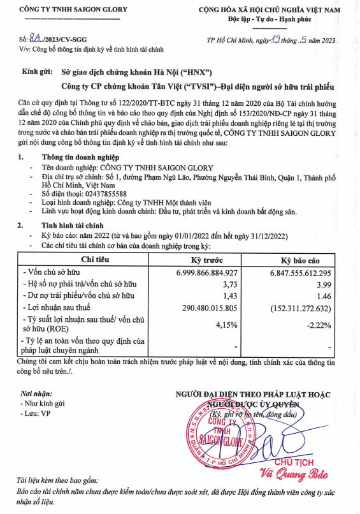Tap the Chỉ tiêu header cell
click(94, 261)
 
